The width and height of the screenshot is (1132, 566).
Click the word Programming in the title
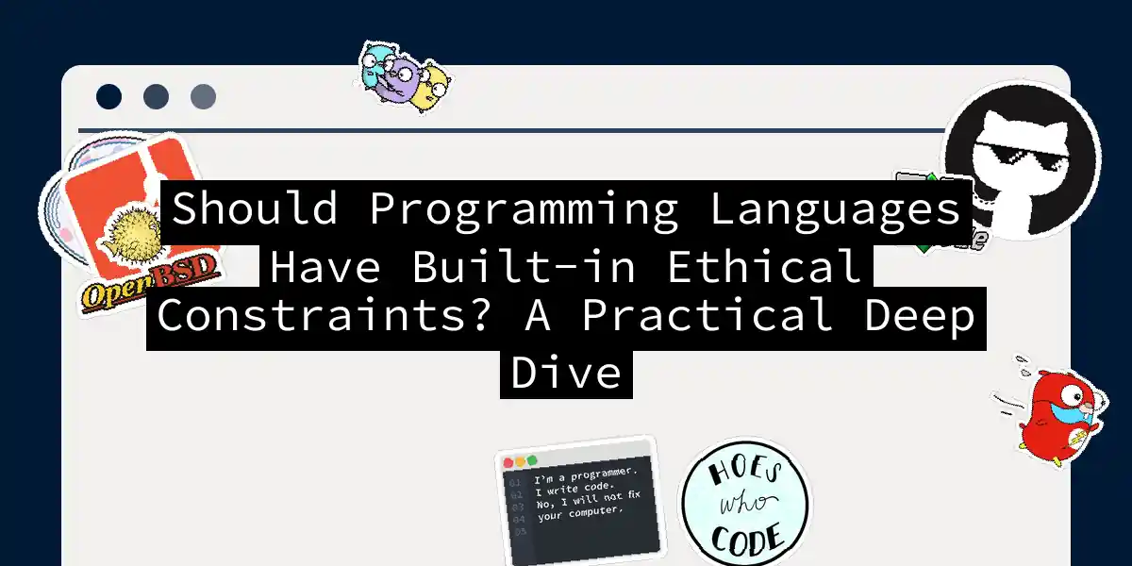pos(523,209)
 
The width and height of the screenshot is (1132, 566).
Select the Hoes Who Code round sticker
pos(744,506)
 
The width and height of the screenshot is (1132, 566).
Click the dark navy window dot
pos(109,96)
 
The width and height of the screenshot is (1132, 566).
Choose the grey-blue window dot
pos(203,96)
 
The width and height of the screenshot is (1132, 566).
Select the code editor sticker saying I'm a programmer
pos(576,499)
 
